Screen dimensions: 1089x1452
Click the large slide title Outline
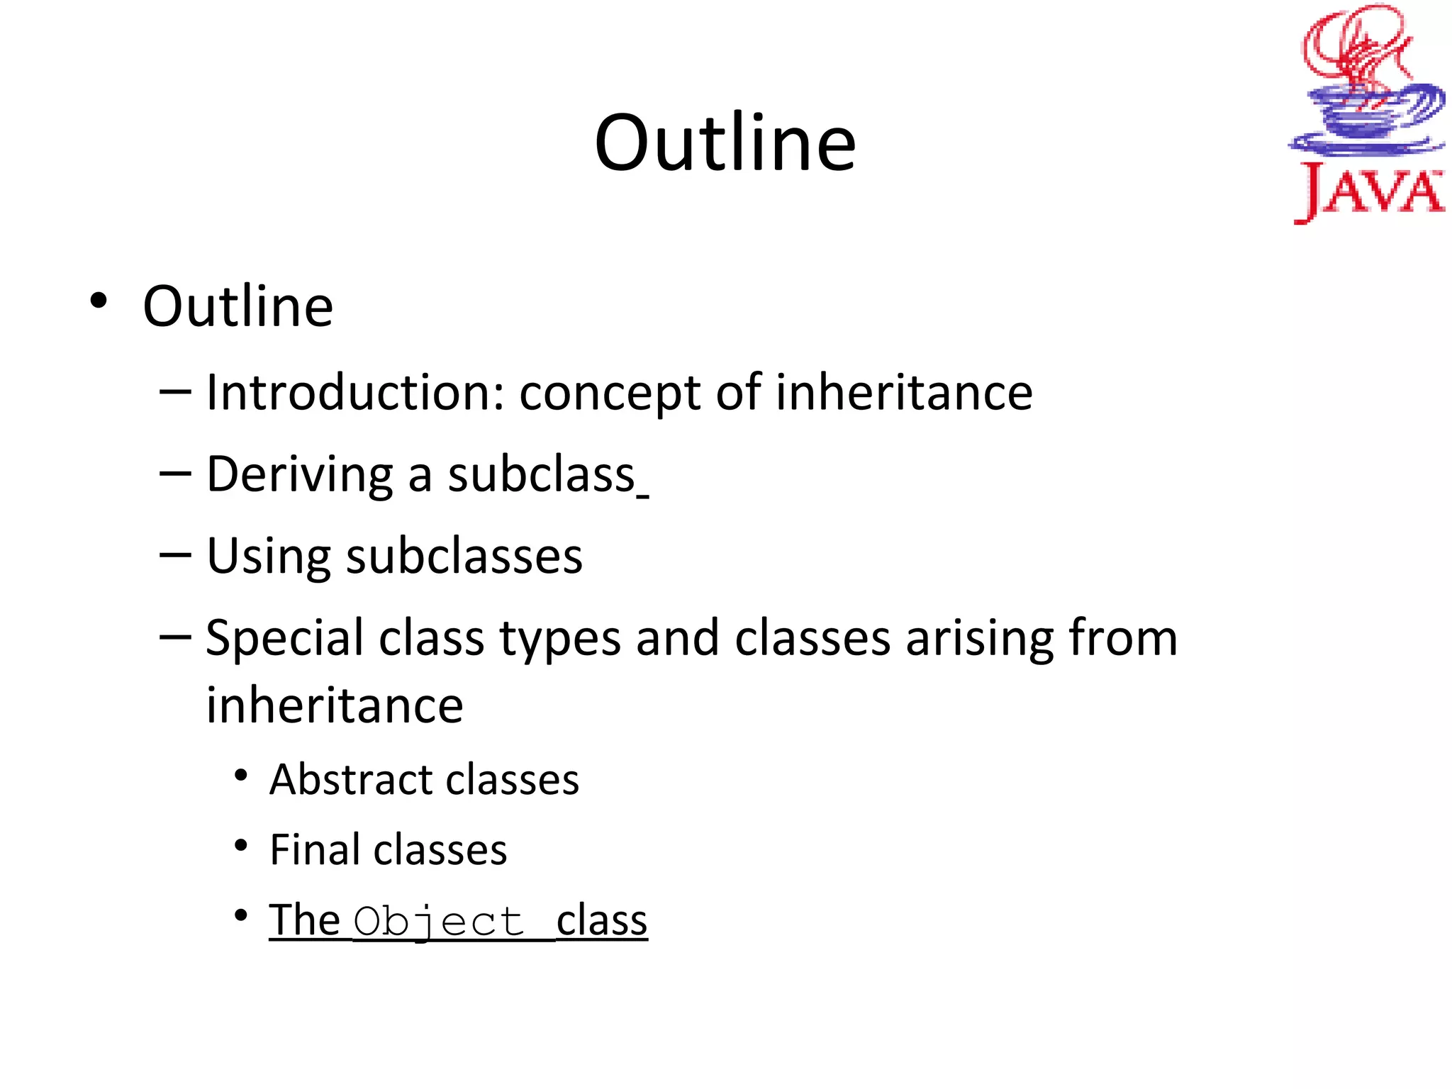725,143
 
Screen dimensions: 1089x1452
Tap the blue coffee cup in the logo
1365,117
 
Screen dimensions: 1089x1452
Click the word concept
610,394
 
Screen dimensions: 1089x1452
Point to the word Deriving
299,475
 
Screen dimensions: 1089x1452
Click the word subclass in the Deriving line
541,474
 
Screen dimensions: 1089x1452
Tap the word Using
268,557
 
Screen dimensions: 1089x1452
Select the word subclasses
464,556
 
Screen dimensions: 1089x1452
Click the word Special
284,638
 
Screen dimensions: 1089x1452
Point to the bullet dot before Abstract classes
242,776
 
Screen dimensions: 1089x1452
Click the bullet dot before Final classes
242,846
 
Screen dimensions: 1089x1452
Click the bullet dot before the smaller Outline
99,302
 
